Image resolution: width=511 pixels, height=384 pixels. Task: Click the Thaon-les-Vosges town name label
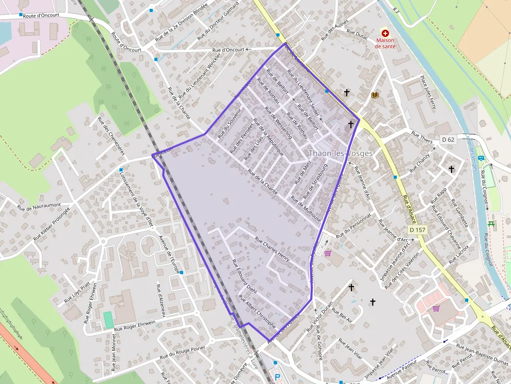340,153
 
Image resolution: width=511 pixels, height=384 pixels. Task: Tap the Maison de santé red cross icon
385,32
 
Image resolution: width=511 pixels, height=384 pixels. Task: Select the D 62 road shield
448,139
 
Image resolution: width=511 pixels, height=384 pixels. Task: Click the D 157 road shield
418,230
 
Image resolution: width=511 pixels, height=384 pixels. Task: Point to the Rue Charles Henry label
272,249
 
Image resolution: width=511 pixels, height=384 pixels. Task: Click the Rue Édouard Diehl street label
244,276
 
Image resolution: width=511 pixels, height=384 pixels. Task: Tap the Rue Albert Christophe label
257,311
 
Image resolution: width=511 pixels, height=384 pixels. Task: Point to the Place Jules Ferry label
427,92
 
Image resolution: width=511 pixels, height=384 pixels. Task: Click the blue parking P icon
277,377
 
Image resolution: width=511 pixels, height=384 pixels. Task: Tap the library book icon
375,95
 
